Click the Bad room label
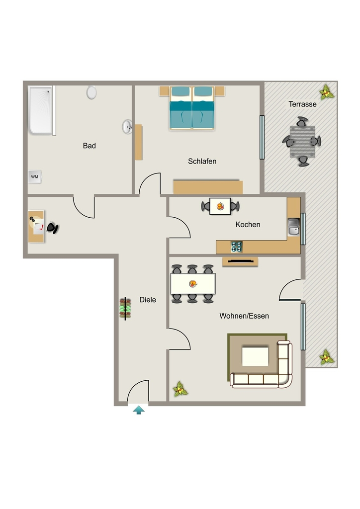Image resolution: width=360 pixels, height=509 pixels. pos(90,146)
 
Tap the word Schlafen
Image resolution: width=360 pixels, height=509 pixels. pos(202,162)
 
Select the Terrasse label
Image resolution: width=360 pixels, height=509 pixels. pos(302,104)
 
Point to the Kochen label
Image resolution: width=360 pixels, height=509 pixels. pos(248,225)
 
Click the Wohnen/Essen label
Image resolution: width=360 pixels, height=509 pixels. pos(244,316)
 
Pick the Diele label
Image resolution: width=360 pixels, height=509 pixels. pos(148,300)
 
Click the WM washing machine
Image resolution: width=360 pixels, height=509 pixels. pos(35,177)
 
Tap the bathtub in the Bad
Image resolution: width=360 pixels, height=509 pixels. pos(41,110)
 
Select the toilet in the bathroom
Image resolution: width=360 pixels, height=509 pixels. pos(91,92)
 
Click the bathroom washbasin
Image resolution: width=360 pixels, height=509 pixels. pos(127,127)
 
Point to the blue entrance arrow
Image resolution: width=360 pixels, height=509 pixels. pos(139,410)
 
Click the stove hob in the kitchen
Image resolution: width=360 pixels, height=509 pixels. pos(236,247)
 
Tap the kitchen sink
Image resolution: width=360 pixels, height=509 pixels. pos(294,227)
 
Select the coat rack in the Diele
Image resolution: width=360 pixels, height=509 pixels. pos(125,309)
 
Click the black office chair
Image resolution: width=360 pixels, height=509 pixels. pos(52,228)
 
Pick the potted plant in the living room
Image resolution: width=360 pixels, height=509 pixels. pos(180,389)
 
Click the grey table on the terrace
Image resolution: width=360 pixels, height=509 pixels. pos(302,142)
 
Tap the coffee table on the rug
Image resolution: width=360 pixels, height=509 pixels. pos(255,356)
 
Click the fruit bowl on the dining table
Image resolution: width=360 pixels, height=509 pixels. pos(193,284)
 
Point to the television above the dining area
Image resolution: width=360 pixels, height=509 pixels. pos(240,260)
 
